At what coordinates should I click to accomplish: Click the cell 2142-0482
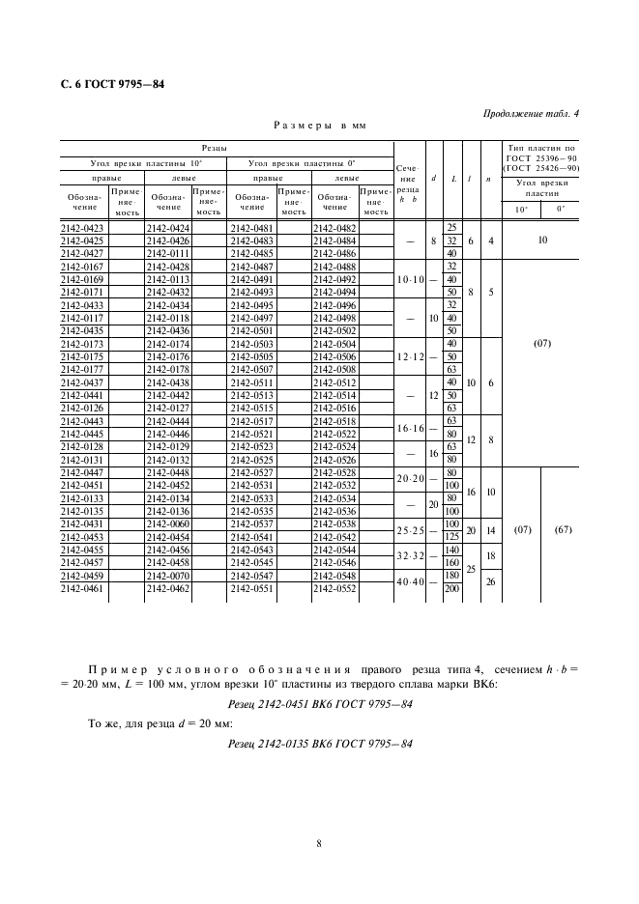point(334,228)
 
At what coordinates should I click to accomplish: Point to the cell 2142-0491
point(250,278)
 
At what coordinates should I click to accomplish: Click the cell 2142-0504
point(334,343)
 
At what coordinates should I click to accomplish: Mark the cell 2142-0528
point(334,471)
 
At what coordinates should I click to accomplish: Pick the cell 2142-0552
point(334,586)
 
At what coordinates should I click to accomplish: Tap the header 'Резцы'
point(215,148)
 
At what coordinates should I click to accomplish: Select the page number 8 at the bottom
point(319,843)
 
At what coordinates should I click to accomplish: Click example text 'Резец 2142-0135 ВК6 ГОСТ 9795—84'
point(319,743)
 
